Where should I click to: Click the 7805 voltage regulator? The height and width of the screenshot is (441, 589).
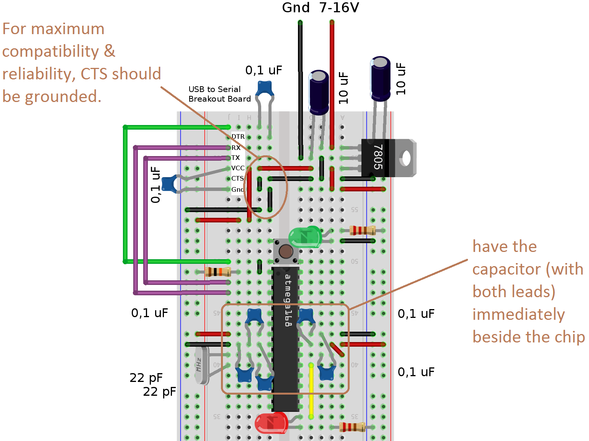pyautogui.click(x=377, y=158)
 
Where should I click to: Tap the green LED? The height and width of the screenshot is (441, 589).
pyautogui.click(x=304, y=237)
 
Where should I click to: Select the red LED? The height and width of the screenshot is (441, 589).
pyautogui.click(x=271, y=423)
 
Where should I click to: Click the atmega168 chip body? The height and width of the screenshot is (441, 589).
pyautogui.click(x=286, y=337)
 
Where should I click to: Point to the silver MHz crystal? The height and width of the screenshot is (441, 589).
pyautogui.click(x=201, y=365)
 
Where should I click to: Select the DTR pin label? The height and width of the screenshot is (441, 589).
pyautogui.click(x=238, y=137)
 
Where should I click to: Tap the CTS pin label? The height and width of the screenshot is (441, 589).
pyautogui.click(x=237, y=178)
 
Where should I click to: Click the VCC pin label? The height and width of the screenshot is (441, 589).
pyautogui.click(x=238, y=168)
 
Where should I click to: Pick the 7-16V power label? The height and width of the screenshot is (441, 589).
pyautogui.click(x=339, y=8)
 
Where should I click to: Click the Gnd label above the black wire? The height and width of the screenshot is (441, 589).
pyautogui.click(x=296, y=8)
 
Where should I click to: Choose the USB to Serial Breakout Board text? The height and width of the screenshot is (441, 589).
pyautogui.click(x=219, y=94)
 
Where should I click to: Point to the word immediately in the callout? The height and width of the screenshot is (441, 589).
pyautogui.click(x=518, y=314)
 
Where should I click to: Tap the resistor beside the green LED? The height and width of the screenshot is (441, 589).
pyautogui.click(x=362, y=230)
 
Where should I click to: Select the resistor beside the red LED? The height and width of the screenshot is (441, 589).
pyautogui.click(x=352, y=427)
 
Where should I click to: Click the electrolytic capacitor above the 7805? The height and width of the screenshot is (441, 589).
pyautogui.click(x=380, y=79)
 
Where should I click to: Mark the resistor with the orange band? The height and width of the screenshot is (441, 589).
pyautogui.click(x=218, y=272)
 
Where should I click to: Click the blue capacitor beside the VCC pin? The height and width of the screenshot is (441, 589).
pyautogui.click(x=169, y=184)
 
